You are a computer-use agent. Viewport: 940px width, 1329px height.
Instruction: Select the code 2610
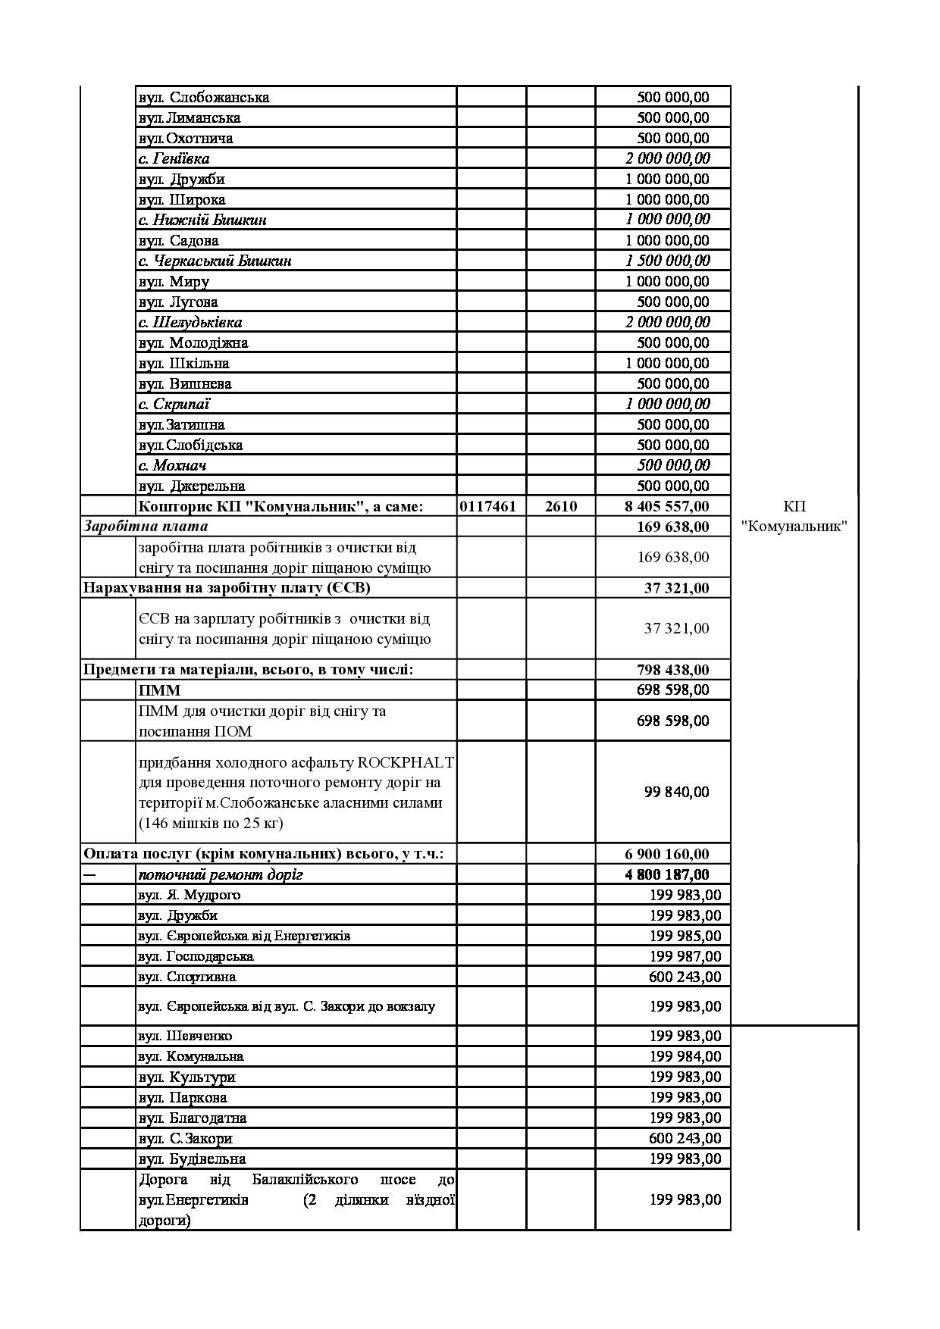(x=560, y=506)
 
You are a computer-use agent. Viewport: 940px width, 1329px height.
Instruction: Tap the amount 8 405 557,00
(x=667, y=506)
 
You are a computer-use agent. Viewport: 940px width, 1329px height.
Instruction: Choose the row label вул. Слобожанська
(x=204, y=97)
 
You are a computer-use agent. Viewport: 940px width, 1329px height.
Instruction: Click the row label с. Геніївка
(x=174, y=158)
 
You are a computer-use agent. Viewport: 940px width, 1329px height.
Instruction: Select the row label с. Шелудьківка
(x=190, y=322)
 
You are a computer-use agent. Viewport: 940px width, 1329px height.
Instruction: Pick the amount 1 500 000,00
(x=667, y=261)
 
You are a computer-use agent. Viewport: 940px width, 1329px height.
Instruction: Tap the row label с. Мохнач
(x=172, y=465)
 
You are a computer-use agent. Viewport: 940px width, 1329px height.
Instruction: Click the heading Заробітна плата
(x=146, y=526)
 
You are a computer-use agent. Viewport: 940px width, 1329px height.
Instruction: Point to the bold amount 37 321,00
(x=676, y=588)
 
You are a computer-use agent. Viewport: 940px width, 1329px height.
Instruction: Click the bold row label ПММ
(x=159, y=690)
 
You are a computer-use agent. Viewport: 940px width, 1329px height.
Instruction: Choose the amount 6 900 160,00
(x=667, y=855)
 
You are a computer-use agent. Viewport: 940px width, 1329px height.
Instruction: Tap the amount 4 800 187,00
(x=667, y=874)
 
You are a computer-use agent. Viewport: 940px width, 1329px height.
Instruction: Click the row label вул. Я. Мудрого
(x=189, y=895)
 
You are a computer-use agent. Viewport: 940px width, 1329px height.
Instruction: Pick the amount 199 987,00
(x=685, y=956)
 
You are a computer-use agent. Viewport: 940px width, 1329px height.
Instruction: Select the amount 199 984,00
(x=685, y=1056)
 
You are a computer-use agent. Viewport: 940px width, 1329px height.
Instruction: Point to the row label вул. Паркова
(x=183, y=1097)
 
